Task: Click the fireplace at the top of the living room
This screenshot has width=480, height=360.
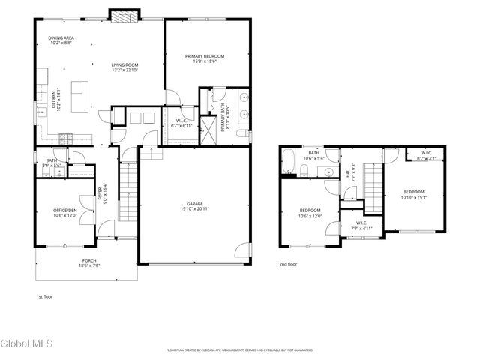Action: [x=124, y=15]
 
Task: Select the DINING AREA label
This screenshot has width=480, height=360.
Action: [x=61, y=40]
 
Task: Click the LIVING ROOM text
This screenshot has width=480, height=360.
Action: [x=124, y=68]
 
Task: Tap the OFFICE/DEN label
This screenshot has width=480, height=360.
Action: [x=64, y=213]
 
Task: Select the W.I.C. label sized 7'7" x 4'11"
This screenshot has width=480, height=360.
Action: [x=360, y=226]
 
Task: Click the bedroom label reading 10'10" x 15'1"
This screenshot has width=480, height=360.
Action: [x=413, y=194]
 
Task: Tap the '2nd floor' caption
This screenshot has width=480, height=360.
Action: [x=288, y=264]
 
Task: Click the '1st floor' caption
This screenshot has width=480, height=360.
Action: [x=45, y=297]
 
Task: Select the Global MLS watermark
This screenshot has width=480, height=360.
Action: [x=27, y=344]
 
